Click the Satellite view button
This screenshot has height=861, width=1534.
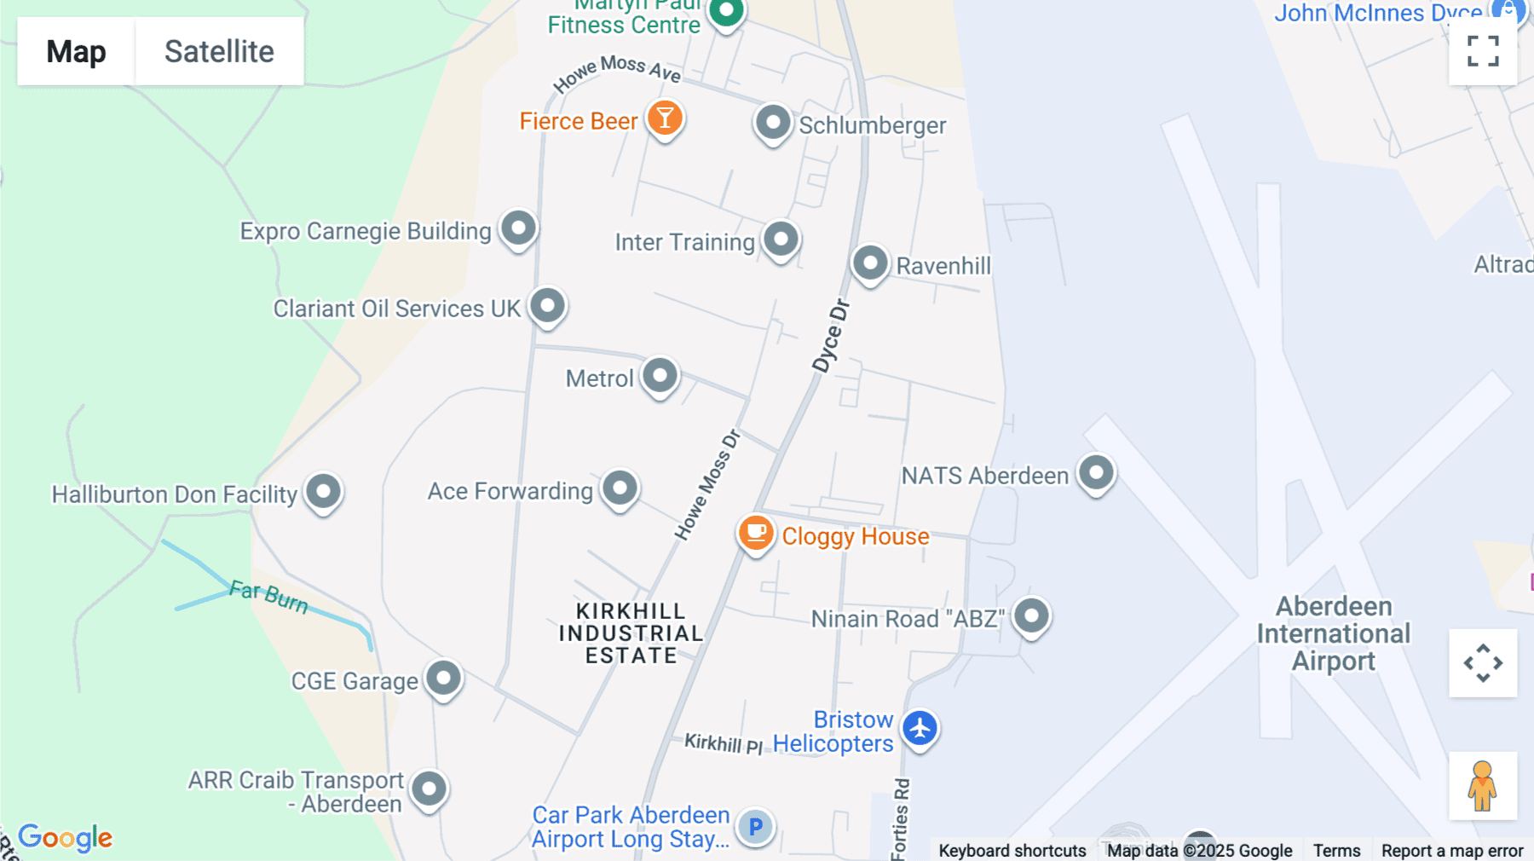click(x=219, y=51)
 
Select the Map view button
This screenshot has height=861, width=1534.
click(x=76, y=51)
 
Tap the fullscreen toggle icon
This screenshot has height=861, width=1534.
click(x=1483, y=51)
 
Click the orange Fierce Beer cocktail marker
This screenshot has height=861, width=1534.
click(x=665, y=118)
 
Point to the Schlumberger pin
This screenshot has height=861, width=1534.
click(x=773, y=123)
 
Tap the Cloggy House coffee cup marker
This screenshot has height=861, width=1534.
click(x=755, y=534)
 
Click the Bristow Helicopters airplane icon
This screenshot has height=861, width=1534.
click(x=920, y=729)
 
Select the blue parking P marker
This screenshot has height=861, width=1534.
click(x=755, y=826)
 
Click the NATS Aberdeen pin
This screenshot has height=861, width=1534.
click(x=1096, y=472)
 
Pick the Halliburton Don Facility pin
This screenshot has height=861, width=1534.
click(x=324, y=491)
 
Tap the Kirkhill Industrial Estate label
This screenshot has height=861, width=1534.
click(x=631, y=633)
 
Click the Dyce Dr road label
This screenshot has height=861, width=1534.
click(x=830, y=336)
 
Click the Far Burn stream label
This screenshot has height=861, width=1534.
click(x=268, y=596)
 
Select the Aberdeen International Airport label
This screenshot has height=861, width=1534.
click(x=1334, y=633)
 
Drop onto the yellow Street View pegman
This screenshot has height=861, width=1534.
click(x=1483, y=786)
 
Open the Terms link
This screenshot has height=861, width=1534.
click(x=1336, y=851)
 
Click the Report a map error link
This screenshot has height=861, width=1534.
click(x=1452, y=851)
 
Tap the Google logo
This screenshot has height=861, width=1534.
click(x=66, y=837)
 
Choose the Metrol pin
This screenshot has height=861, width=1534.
click(x=660, y=375)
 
